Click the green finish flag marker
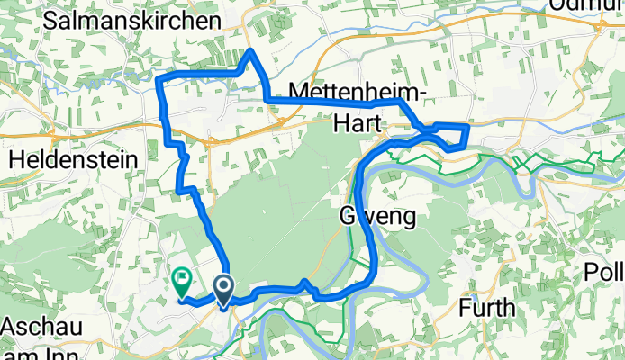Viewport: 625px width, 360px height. pyautogui.click(x=182, y=282)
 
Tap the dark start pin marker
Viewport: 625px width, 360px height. pyautogui.click(x=222, y=289)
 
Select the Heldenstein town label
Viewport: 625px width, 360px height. pyautogui.click(x=74, y=158)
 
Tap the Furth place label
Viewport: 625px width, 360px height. pyautogui.click(x=487, y=307)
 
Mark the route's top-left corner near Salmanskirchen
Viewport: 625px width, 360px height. pyautogui.click(x=159, y=79)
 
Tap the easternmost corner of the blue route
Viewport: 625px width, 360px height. pyautogui.click(x=468, y=127)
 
